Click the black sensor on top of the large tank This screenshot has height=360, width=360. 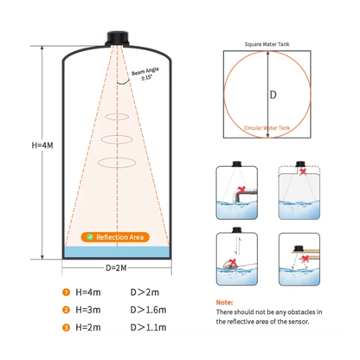117,38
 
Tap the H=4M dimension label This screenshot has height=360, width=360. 42,145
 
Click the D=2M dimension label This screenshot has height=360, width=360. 116,268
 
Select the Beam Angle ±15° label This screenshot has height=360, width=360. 145,74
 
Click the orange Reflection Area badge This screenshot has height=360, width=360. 115,237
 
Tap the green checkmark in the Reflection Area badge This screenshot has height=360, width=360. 90,237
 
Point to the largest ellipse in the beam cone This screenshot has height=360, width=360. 117,163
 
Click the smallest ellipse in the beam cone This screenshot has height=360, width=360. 117,117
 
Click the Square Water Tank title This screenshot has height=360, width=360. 267,44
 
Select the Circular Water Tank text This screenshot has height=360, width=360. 267,128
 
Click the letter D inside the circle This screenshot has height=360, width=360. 273,94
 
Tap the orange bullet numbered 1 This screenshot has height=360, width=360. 66,292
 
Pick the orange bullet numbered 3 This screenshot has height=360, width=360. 66,328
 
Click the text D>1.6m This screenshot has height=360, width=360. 148,310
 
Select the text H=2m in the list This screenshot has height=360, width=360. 88,327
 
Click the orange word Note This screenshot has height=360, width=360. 224,302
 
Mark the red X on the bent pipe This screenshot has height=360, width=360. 241,190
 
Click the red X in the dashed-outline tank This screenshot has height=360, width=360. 303,171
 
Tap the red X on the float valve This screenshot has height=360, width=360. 233,262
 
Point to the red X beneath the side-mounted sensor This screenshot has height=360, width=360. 305,259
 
